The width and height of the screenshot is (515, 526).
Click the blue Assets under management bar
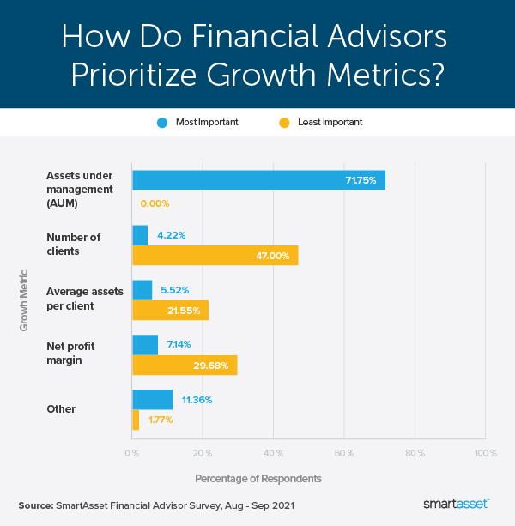[258, 180]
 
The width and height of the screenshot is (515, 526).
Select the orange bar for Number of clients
[215, 255]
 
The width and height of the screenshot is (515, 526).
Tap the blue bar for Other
[152, 399]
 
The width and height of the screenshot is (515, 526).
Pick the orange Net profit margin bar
[185, 365]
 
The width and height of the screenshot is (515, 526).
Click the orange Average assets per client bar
[170, 310]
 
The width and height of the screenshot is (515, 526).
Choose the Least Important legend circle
[284, 122]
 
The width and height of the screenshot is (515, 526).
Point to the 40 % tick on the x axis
[273, 451]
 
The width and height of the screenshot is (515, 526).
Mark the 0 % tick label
[132, 451]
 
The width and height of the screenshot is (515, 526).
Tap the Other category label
[61, 409]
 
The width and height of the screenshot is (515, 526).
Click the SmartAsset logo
[459, 505]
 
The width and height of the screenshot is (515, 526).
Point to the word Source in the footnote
[35, 505]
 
